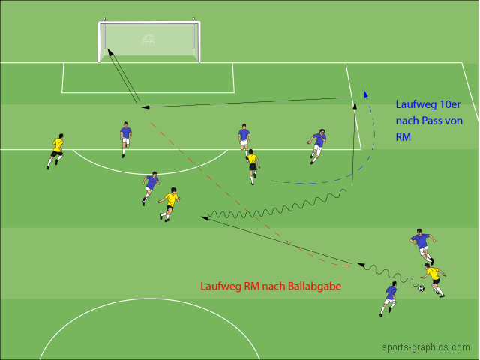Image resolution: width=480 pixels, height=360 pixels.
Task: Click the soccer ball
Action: tap(421, 288)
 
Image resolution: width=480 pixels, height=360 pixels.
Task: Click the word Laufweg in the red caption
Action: tap(217, 286)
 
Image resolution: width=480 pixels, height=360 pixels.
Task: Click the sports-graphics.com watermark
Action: tap(425, 347)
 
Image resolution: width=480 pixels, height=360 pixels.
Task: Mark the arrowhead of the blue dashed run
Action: tap(365, 94)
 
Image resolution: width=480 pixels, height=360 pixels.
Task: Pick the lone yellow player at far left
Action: tap(56, 150)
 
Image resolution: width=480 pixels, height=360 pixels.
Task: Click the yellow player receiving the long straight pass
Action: tap(170, 203)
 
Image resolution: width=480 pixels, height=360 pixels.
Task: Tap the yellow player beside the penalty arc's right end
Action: tap(253, 166)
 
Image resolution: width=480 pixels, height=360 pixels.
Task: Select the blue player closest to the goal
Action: tap(125, 139)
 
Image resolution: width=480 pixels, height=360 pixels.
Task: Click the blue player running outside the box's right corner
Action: tap(317, 145)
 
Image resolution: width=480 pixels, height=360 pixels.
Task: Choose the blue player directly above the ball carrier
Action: tap(421, 245)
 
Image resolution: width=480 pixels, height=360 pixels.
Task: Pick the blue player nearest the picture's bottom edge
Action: tap(389, 298)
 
